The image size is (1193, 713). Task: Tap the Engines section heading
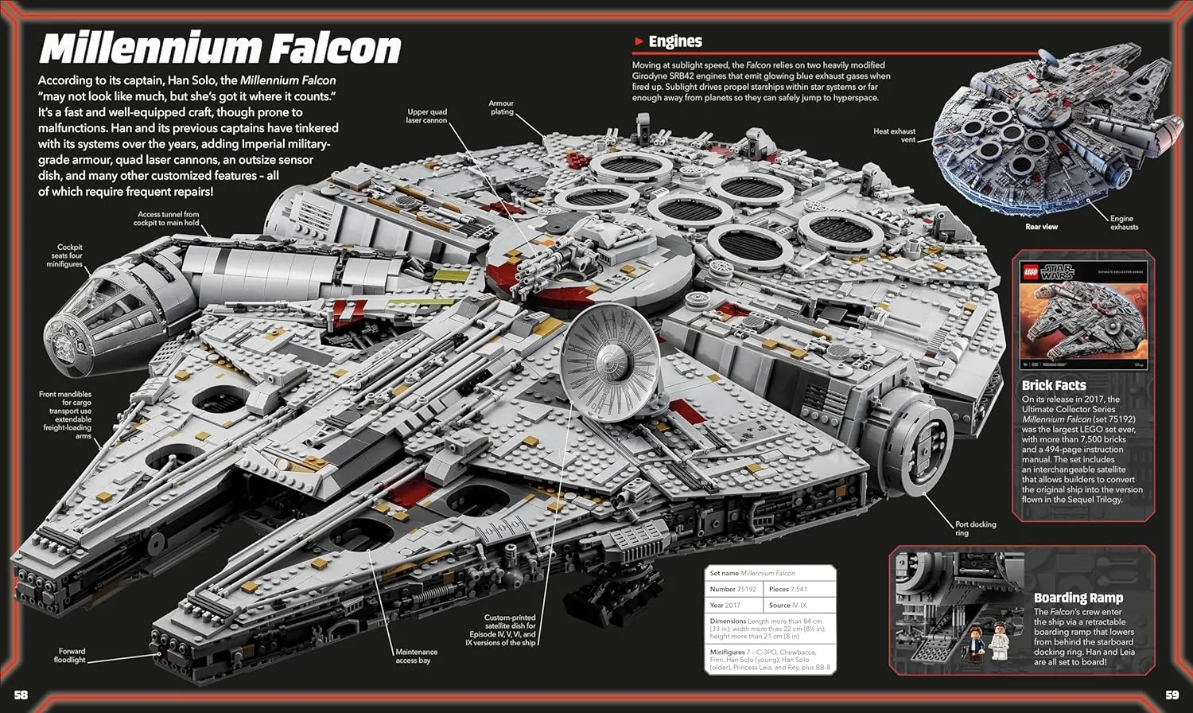[x=674, y=41]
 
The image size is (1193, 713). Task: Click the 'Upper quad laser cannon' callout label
[x=426, y=116]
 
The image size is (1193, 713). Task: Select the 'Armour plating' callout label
[x=502, y=107]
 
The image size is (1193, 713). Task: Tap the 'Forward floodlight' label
[x=70, y=655]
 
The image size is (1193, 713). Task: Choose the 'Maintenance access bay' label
[x=416, y=656]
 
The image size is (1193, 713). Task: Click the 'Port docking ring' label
[x=974, y=528]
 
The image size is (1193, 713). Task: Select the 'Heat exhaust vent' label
[x=895, y=135]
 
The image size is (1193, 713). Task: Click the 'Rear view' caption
[x=1041, y=227]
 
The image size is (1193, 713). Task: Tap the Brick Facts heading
[x=1054, y=385]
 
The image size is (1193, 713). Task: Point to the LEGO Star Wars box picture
[x=1082, y=315]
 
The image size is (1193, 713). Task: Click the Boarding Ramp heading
[x=1078, y=598]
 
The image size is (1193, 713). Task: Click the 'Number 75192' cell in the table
[x=733, y=589]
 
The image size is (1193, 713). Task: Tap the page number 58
[x=21, y=695]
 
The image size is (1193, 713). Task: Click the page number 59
[x=1172, y=695]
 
